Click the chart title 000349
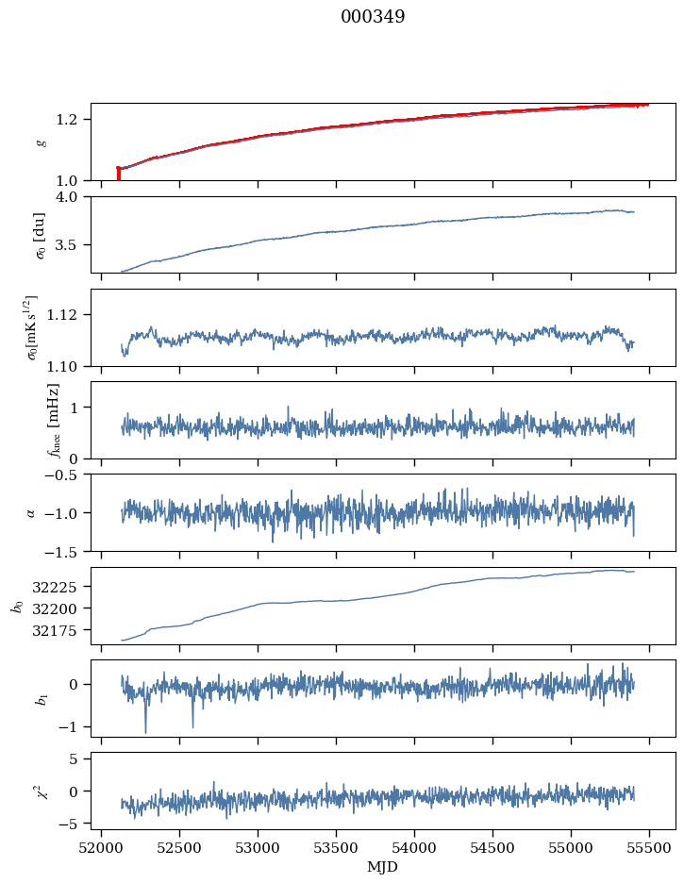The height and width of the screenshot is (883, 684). coord(373,17)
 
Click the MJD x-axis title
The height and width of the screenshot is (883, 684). coord(382,867)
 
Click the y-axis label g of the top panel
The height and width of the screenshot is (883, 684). coord(41,142)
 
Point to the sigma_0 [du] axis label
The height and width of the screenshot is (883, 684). coord(39,234)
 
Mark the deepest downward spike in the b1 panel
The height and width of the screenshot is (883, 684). coord(145,731)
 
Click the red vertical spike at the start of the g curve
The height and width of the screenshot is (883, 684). coord(118,175)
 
